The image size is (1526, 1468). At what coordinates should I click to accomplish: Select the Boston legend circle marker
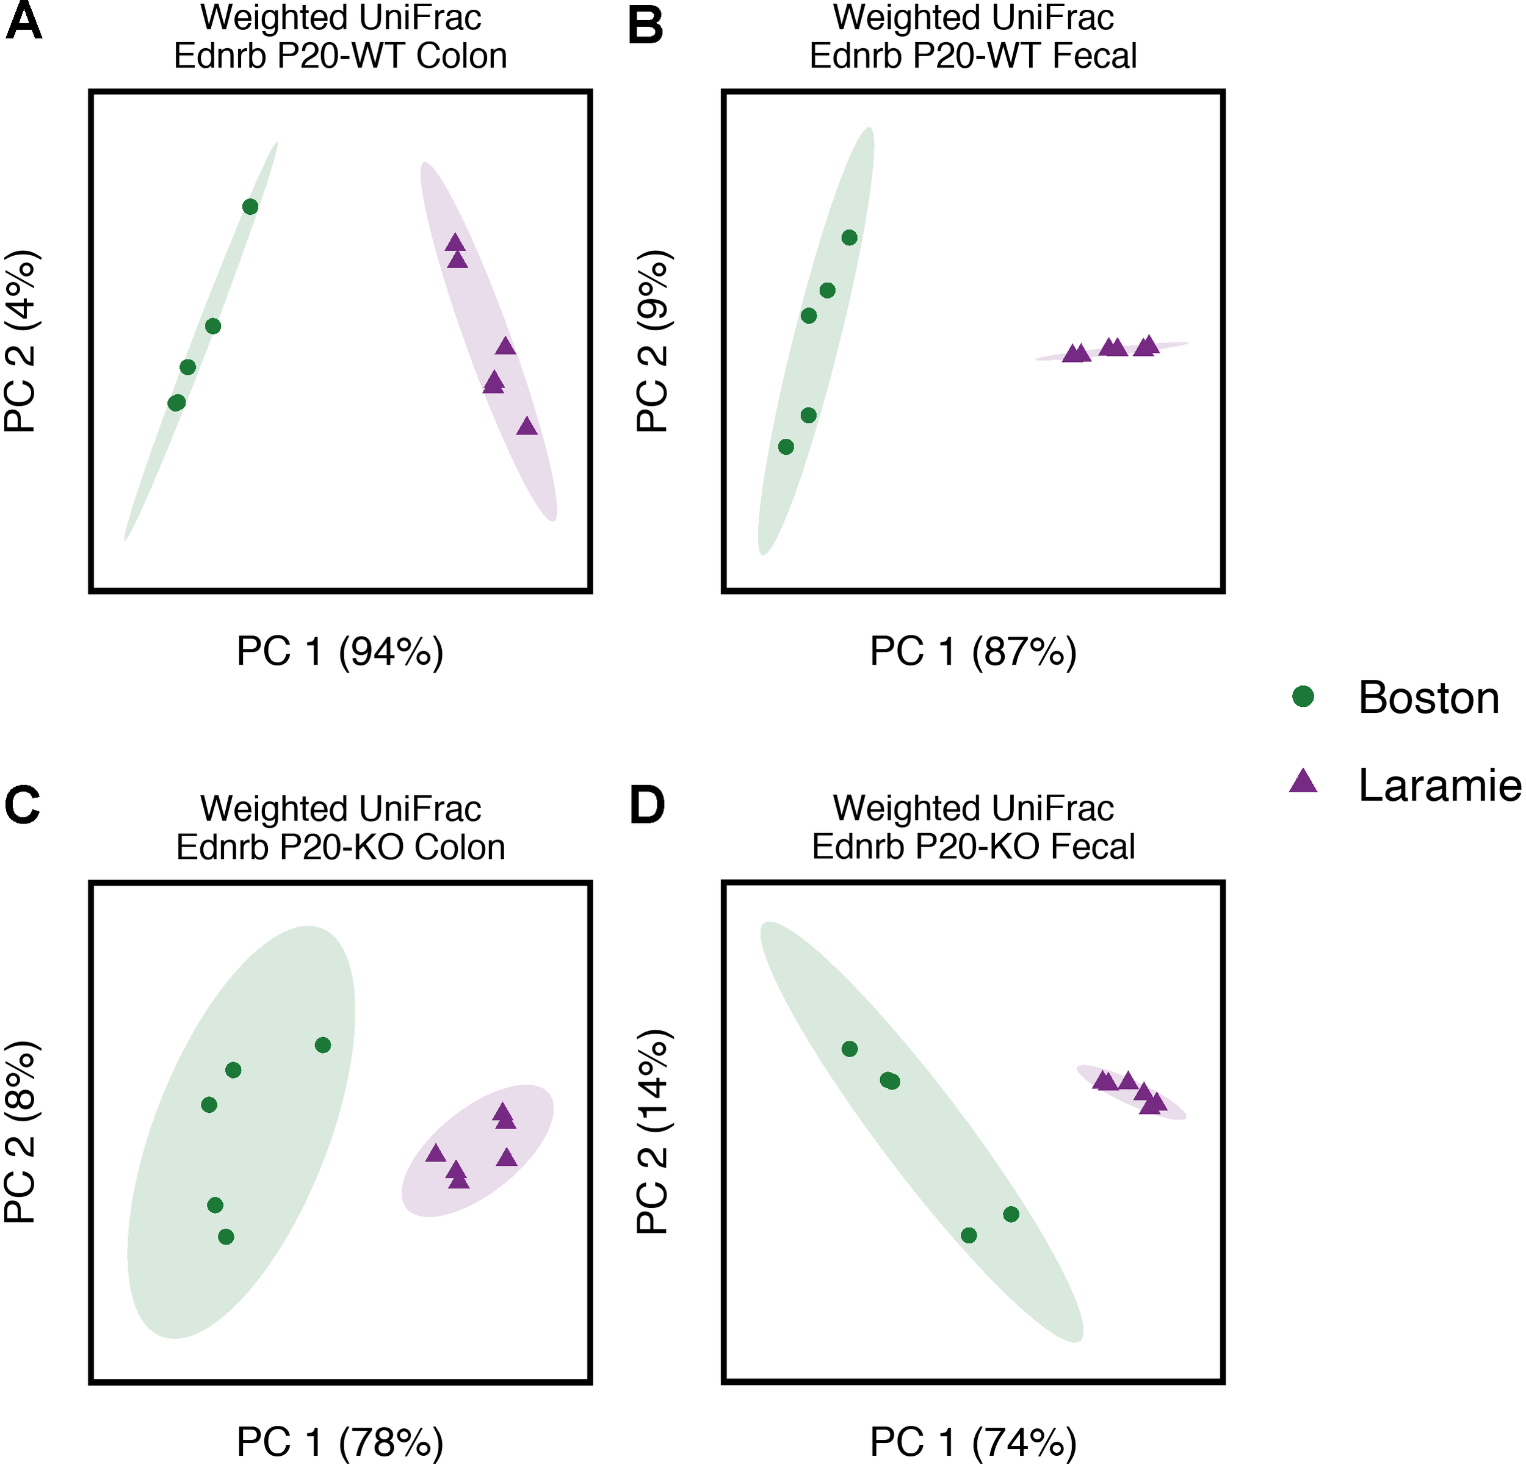click(x=1303, y=696)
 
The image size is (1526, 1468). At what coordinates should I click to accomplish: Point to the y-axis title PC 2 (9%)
click(x=653, y=341)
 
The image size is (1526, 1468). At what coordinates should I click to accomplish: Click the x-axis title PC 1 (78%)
click(x=340, y=1442)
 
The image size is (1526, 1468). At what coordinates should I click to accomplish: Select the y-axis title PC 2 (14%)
click(x=653, y=1132)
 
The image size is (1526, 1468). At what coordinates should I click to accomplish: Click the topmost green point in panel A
click(x=250, y=206)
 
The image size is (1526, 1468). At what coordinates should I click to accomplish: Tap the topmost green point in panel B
click(x=850, y=237)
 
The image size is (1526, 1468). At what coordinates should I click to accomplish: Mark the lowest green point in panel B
click(x=786, y=447)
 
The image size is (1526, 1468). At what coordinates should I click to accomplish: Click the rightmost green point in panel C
click(x=323, y=1044)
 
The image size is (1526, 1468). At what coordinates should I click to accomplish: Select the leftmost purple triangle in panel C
click(x=435, y=1154)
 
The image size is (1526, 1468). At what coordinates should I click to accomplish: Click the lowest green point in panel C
click(x=226, y=1237)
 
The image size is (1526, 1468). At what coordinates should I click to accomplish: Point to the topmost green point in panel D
click(x=850, y=1049)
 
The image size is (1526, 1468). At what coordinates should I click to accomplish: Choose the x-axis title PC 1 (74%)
click(x=972, y=1442)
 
